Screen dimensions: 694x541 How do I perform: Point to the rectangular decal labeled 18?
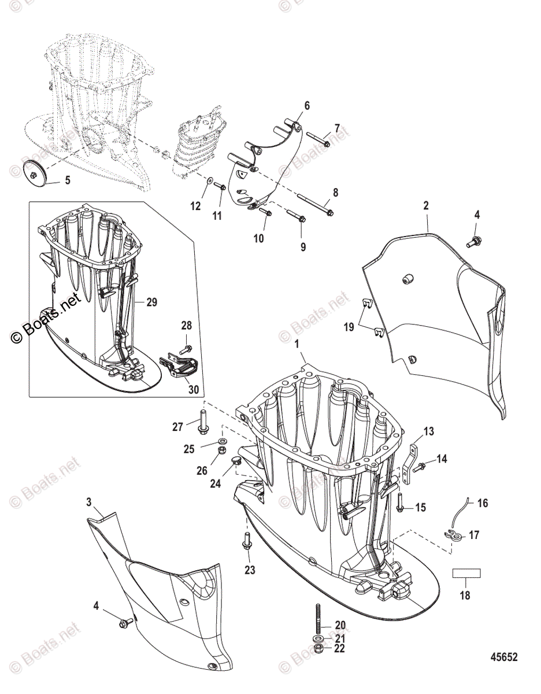click(466, 573)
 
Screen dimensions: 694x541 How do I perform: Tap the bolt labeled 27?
click(203, 420)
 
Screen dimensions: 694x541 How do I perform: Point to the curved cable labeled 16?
click(467, 510)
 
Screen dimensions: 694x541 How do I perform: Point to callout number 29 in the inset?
click(151, 301)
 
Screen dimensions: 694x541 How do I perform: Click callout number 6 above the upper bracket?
click(307, 105)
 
